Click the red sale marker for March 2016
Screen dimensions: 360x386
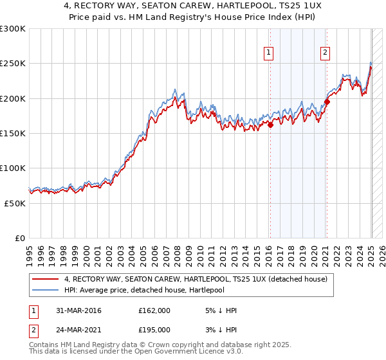pos(270,125)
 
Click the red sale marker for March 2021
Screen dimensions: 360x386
pos(327,102)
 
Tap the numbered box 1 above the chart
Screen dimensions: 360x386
pos(268,53)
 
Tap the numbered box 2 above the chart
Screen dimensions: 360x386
pos(326,53)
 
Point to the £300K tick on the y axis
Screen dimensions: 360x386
pos(13,29)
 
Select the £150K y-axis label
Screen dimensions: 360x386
pos(13,133)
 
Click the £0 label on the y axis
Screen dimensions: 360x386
pos(19,238)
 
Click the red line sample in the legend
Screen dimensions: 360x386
pos(46,279)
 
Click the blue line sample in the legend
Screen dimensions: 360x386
pos(46,290)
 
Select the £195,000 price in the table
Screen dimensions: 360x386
pos(154,329)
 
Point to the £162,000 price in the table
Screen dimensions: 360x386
pos(154,310)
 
